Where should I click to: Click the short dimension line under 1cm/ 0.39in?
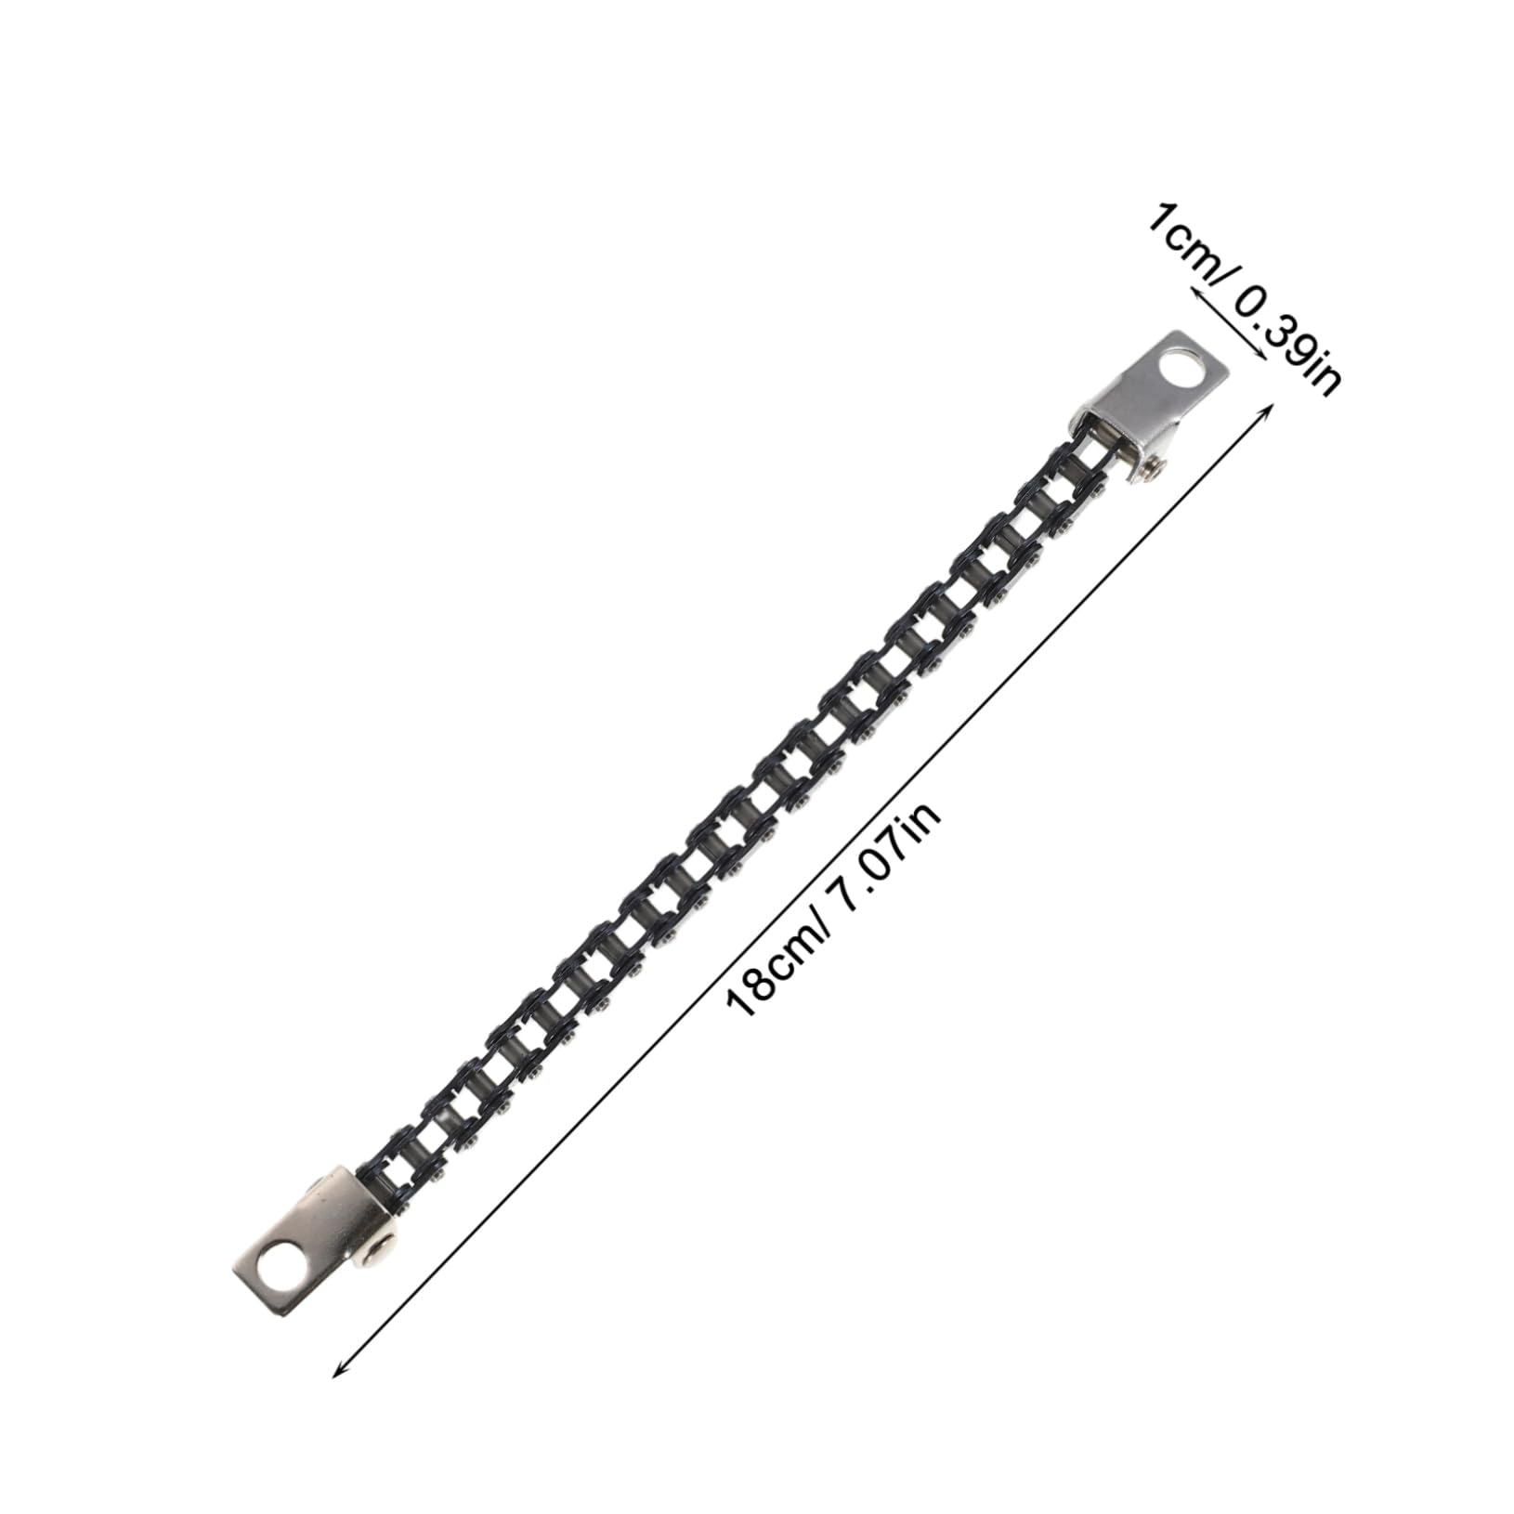point(1227,326)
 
